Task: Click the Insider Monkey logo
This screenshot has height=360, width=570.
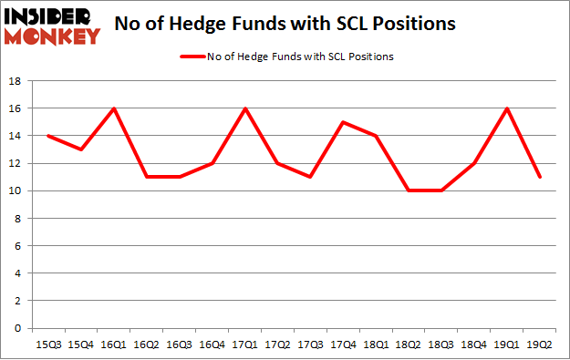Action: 51,25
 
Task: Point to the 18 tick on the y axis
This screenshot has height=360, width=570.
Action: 16,81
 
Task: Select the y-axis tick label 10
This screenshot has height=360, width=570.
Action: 16,191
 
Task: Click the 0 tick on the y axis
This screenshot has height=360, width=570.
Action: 18,328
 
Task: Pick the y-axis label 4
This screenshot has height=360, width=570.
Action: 18,273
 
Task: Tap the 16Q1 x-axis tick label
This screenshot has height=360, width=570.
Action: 114,344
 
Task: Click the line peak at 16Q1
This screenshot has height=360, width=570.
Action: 114,108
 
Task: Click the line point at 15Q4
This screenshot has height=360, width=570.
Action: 79,149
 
